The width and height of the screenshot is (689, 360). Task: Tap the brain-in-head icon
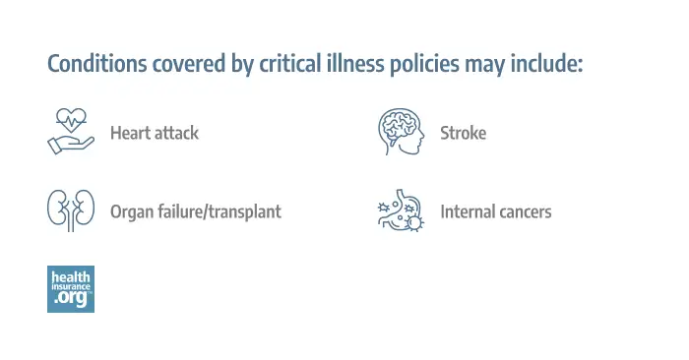tap(401, 132)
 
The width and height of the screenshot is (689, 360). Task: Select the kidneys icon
tap(71, 210)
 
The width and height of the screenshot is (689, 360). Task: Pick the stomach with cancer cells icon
tap(401, 210)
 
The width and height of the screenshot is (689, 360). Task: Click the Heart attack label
tap(154, 133)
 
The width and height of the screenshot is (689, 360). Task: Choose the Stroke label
tap(463, 133)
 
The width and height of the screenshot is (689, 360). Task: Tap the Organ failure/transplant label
tap(195, 211)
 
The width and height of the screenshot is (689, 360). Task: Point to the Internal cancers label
tap(495, 211)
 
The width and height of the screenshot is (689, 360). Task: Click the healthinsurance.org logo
tap(71, 288)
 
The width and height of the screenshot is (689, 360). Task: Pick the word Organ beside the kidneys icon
tap(130, 211)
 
